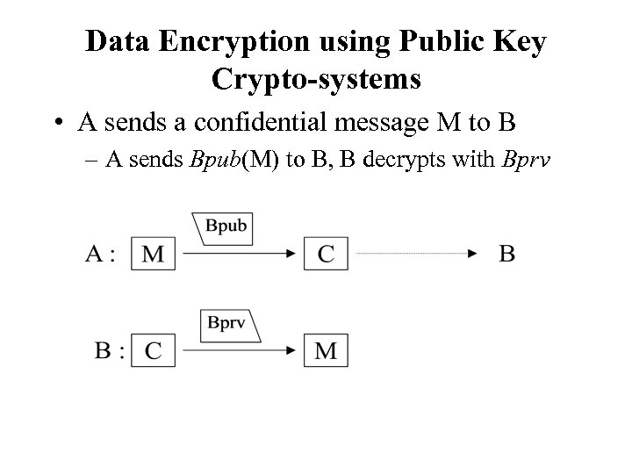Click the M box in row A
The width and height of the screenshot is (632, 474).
pyautogui.click(x=153, y=255)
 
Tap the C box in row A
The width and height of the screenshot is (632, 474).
pyautogui.click(x=327, y=255)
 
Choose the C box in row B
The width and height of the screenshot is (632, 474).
pyautogui.click(x=153, y=350)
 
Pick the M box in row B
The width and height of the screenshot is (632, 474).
pyautogui.click(x=327, y=350)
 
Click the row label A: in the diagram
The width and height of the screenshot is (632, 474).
pyautogui.click(x=100, y=255)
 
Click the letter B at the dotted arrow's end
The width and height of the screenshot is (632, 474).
pyautogui.click(x=507, y=255)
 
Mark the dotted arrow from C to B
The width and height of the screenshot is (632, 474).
pyautogui.click(x=413, y=255)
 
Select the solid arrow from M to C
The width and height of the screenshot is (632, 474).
pyautogui.click(x=237, y=255)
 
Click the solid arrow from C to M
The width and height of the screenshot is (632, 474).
pyautogui.click(x=237, y=350)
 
